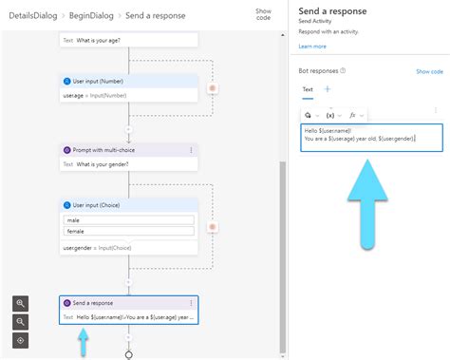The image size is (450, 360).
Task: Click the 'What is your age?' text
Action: (107, 40)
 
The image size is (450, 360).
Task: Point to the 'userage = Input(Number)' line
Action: (97, 95)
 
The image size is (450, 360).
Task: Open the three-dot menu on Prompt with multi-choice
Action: (191, 150)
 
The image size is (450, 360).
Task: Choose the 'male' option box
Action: (128, 220)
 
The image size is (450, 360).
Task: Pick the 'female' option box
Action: (128, 231)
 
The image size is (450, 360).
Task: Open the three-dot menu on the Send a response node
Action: (191, 302)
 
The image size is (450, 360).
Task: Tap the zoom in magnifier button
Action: (21, 303)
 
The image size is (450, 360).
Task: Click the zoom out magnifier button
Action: (21, 321)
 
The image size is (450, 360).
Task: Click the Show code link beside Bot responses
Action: (429, 71)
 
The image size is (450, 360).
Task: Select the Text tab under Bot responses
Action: (308, 89)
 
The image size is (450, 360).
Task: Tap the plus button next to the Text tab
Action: (328, 89)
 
